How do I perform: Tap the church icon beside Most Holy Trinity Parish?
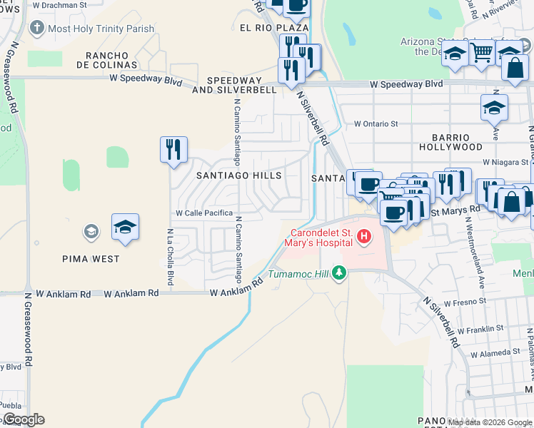point(36,29)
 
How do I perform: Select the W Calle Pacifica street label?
point(204,213)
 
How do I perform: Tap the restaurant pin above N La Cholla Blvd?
point(173,149)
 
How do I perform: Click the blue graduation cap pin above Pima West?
point(125,227)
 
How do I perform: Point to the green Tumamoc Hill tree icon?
point(339,273)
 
